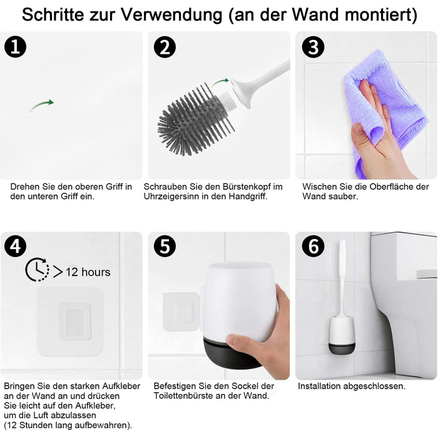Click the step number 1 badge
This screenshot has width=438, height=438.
(x=16, y=47)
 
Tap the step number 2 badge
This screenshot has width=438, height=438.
(x=165, y=47)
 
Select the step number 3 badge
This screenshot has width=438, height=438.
(x=313, y=47)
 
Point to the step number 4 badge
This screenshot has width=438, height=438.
(x=16, y=246)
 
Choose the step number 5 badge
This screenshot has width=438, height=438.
(x=165, y=246)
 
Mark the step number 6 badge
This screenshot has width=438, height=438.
(x=313, y=246)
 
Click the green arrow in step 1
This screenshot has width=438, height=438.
(x=41, y=106)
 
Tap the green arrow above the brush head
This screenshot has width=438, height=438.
(x=220, y=83)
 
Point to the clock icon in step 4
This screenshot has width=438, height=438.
(x=37, y=270)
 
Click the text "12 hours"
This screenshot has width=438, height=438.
(x=88, y=272)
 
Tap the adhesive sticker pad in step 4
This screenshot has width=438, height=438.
(x=70, y=322)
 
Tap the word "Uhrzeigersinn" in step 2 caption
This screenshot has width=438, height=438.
(x=171, y=196)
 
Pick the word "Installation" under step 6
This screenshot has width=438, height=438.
(x=319, y=386)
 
